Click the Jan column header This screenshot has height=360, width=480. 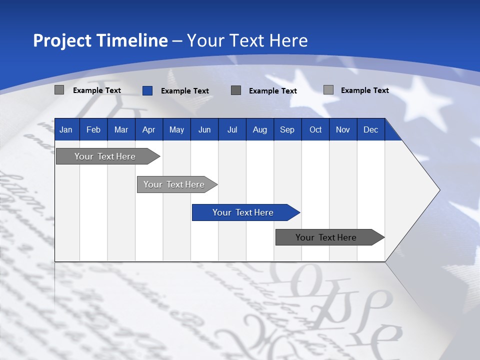[x=66, y=130]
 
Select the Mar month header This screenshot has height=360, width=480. [x=121, y=130]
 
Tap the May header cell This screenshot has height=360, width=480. [x=176, y=130]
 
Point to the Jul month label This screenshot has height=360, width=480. [x=232, y=130]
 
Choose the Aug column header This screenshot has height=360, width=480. [x=259, y=130]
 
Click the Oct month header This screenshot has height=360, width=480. [x=315, y=130]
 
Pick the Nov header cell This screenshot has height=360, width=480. [x=343, y=130]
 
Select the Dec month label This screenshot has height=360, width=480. [x=370, y=130]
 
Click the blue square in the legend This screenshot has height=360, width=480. [x=147, y=90]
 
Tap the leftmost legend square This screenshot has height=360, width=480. [x=59, y=90]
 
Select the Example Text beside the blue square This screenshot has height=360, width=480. [x=184, y=91]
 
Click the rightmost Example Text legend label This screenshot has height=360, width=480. [x=364, y=90]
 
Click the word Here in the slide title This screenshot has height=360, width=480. [x=288, y=40]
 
